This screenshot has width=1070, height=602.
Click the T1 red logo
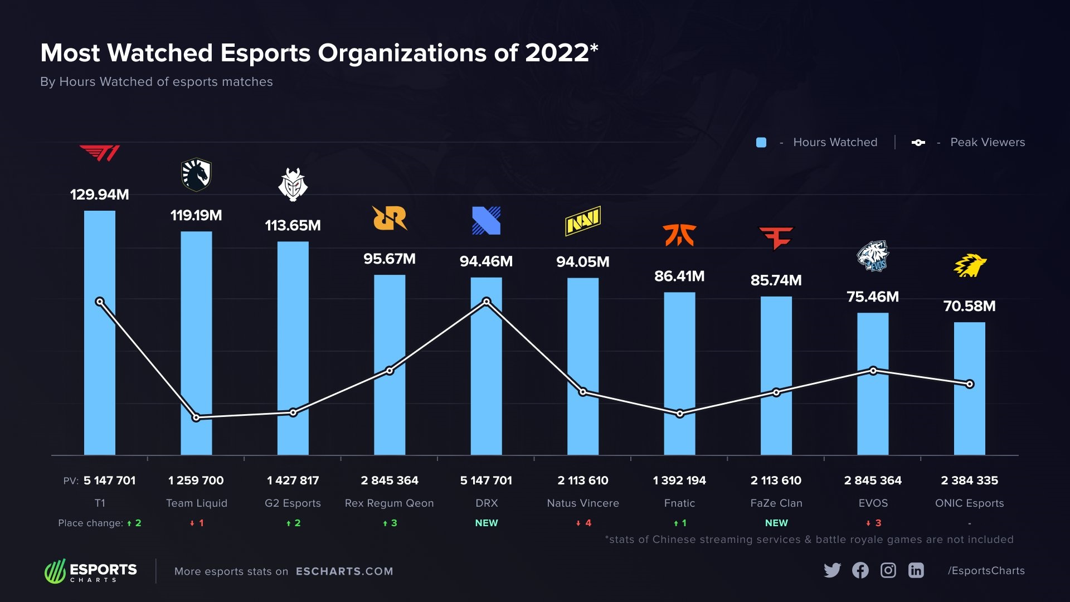[100, 153]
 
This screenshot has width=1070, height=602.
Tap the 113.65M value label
[293, 226]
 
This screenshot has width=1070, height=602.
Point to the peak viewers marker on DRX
[487, 302]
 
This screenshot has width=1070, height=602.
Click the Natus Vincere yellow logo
[583, 221]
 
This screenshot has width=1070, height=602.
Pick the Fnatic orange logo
[679, 235]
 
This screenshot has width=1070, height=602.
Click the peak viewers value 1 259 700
[196, 480]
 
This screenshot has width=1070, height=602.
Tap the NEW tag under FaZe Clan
[776, 523]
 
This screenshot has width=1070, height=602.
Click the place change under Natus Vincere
[583, 523]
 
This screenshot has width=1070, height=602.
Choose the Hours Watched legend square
[761, 143]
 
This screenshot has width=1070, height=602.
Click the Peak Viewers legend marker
[918, 143]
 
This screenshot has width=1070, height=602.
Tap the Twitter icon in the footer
[832, 570]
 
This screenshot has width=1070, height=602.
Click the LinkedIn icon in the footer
[916, 570]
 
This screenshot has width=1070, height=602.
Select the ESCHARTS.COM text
[344, 571]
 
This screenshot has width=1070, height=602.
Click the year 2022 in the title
[557, 53]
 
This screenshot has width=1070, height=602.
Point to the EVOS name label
[873, 503]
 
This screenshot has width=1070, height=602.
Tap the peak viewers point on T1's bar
[100, 302]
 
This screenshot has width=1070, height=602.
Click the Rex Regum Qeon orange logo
[390, 218]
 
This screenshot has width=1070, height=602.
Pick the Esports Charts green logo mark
[55, 571]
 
